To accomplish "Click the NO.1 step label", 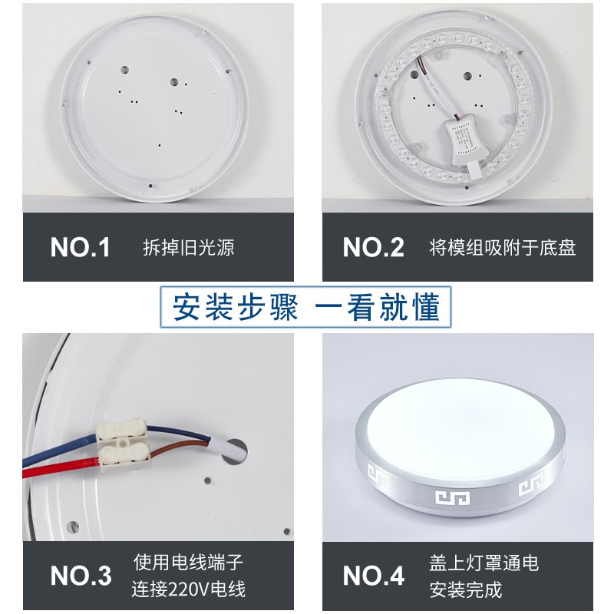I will (81, 247).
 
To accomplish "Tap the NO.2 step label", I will (373, 247).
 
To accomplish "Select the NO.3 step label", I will (81, 575).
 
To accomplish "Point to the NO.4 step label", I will (373, 575).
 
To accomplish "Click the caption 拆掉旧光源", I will (188, 248).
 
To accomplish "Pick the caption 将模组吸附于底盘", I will (502, 248).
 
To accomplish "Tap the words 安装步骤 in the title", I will (234, 308).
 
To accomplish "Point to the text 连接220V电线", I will (189, 589).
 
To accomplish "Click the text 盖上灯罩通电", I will (484, 563).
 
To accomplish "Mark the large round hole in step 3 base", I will (237, 452).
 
